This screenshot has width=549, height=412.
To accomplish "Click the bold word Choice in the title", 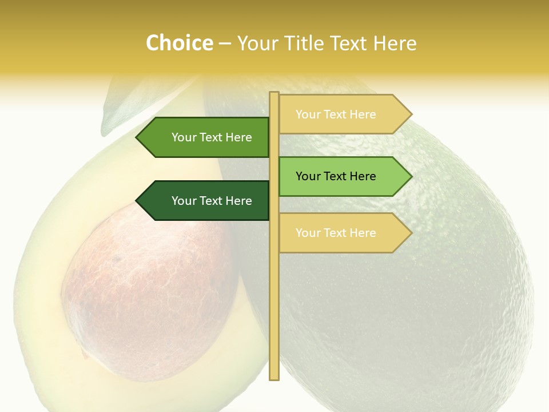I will click(x=179, y=43).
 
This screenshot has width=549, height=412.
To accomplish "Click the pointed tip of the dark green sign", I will click(x=138, y=201).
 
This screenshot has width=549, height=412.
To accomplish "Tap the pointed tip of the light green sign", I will click(x=410, y=176).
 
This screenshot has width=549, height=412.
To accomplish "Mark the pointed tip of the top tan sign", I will click(x=410, y=114).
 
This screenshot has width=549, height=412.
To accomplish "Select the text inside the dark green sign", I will click(x=212, y=201).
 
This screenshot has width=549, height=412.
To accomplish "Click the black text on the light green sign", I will click(x=336, y=176).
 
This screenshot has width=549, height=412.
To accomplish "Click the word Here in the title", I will click(x=395, y=43).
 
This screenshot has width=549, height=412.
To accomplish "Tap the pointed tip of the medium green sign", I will click(x=138, y=137).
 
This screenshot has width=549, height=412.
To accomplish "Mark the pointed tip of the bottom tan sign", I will click(x=410, y=233).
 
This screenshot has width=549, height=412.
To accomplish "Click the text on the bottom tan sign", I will click(x=336, y=233).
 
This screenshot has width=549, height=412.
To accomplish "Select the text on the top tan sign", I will click(x=336, y=114).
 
